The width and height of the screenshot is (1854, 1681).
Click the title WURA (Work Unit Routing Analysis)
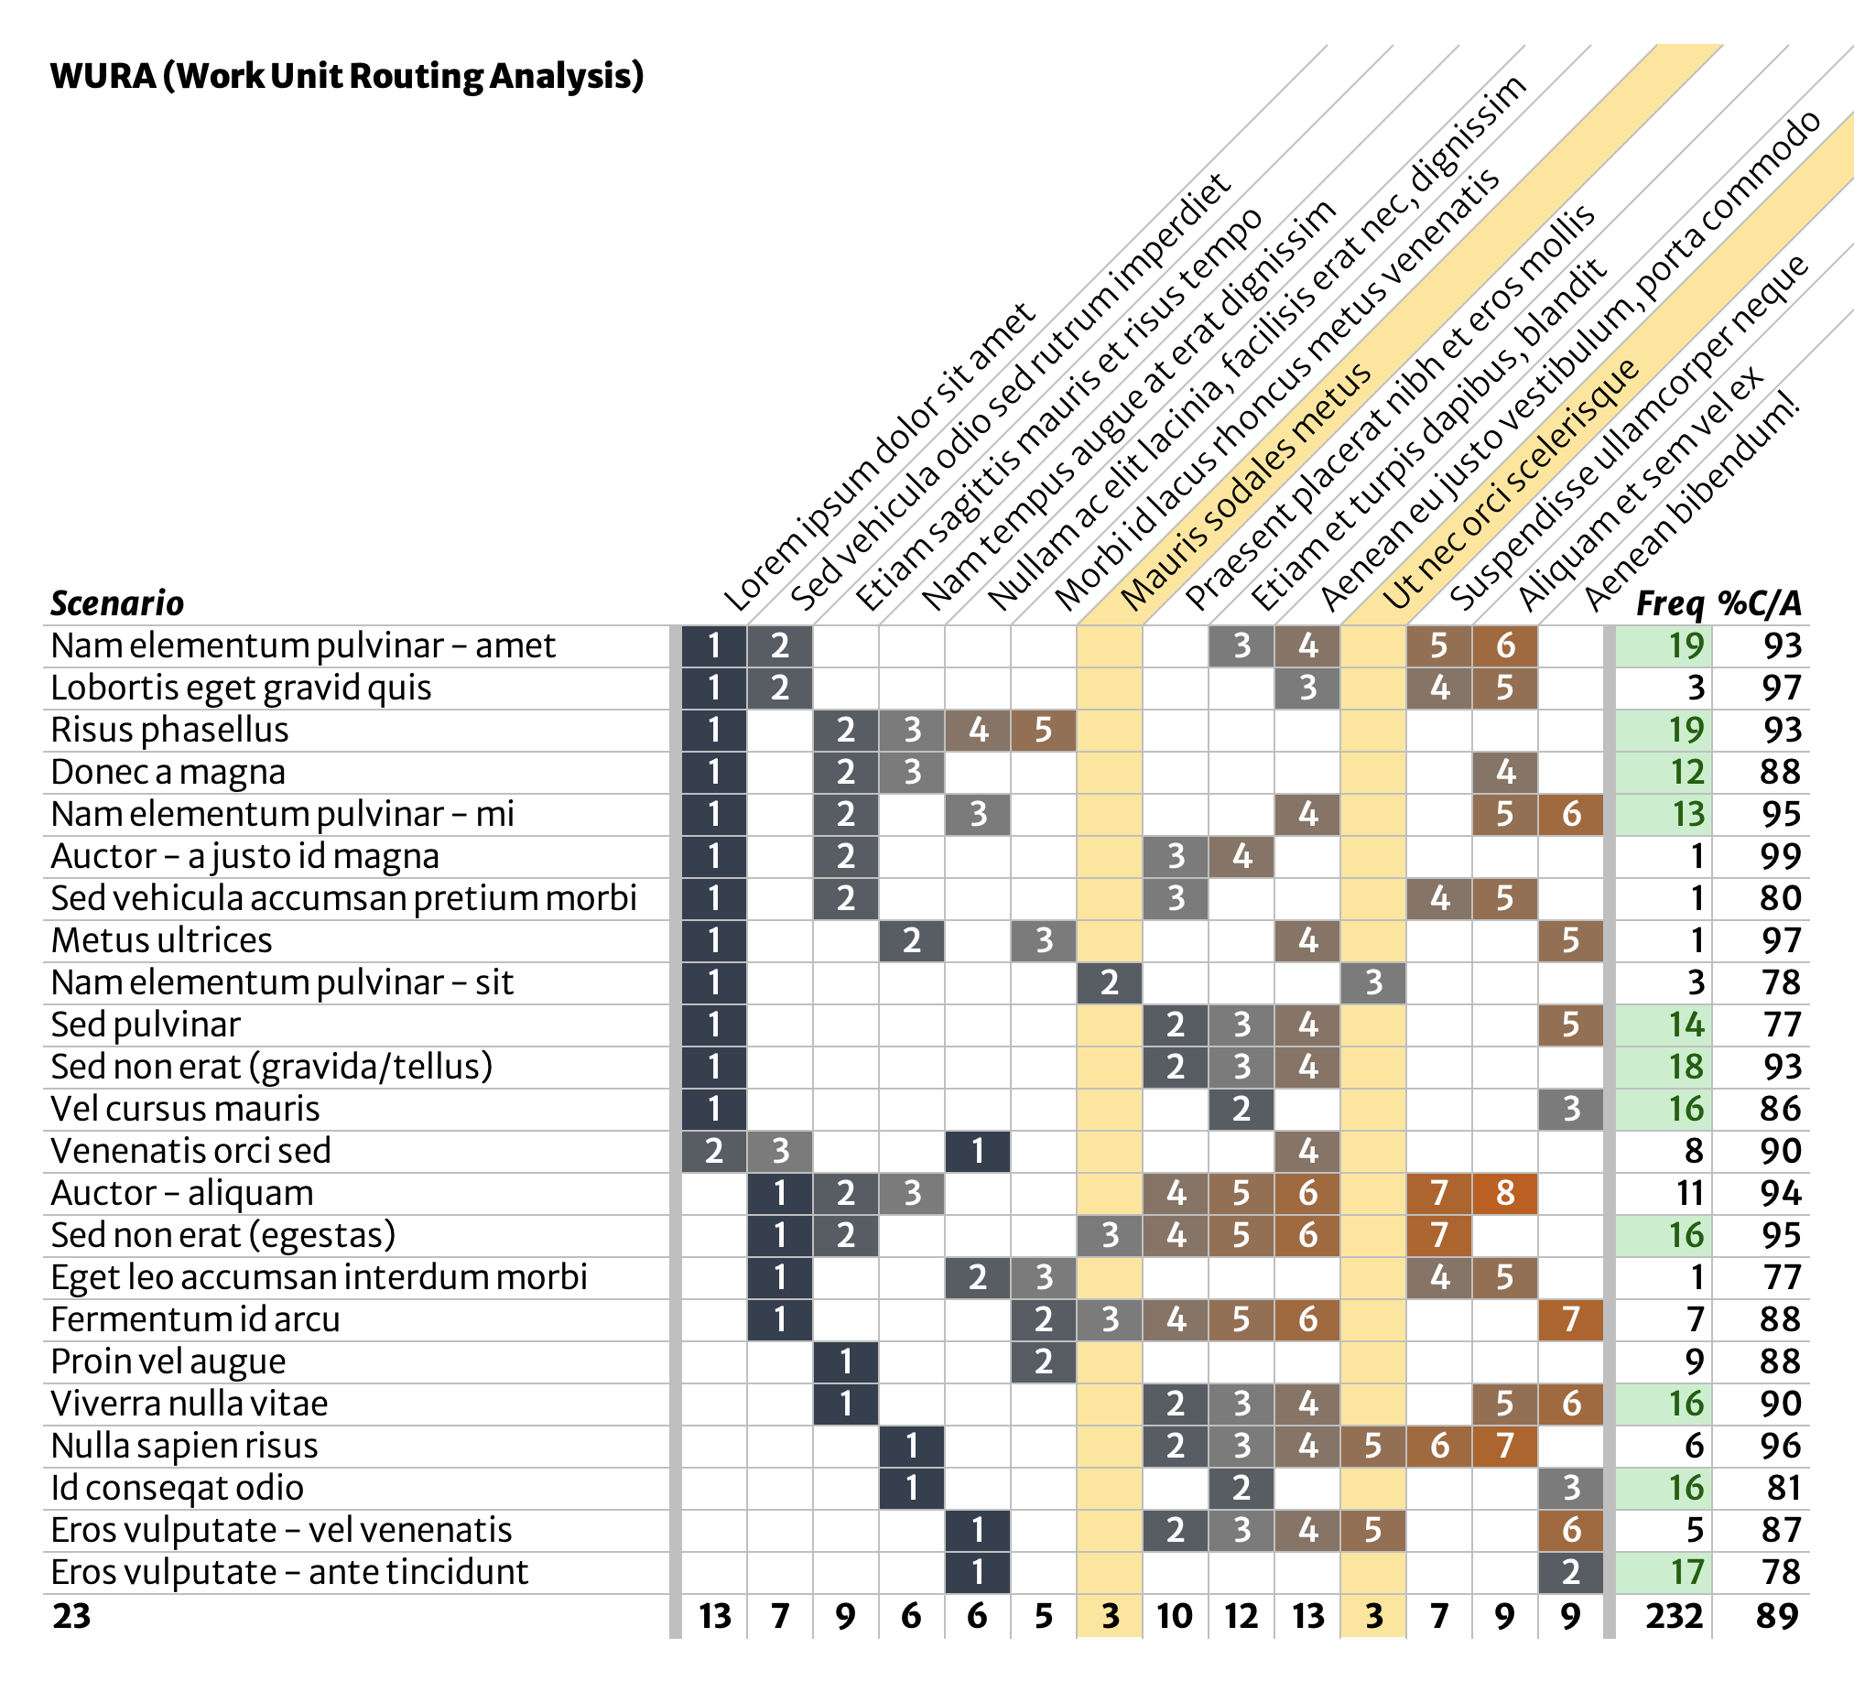click(347, 75)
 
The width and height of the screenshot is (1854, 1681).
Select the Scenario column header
click(117, 603)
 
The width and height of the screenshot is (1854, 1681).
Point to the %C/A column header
click(1760, 603)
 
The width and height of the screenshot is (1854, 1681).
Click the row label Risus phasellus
click(170, 730)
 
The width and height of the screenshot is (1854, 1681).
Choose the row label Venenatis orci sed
click(191, 1151)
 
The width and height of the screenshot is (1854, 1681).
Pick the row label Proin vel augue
click(168, 1361)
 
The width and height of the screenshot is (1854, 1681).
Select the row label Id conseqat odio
click(178, 1488)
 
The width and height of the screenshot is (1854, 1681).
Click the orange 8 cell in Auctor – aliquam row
click(1504, 1194)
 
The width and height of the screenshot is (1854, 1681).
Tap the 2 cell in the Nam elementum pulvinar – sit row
click(1109, 983)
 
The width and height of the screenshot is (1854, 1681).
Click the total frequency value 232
click(1674, 1616)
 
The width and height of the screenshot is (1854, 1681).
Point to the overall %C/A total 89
click(1776, 1616)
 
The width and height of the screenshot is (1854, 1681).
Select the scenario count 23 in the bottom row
click(71, 1616)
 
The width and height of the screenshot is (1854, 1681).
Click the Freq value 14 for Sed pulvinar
click(1686, 1025)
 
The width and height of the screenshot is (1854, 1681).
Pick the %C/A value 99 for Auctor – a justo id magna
click(1780, 857)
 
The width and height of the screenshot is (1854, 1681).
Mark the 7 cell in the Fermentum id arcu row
click(1571, 1319)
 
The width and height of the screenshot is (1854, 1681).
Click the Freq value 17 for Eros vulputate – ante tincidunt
click(1686, 1572)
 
